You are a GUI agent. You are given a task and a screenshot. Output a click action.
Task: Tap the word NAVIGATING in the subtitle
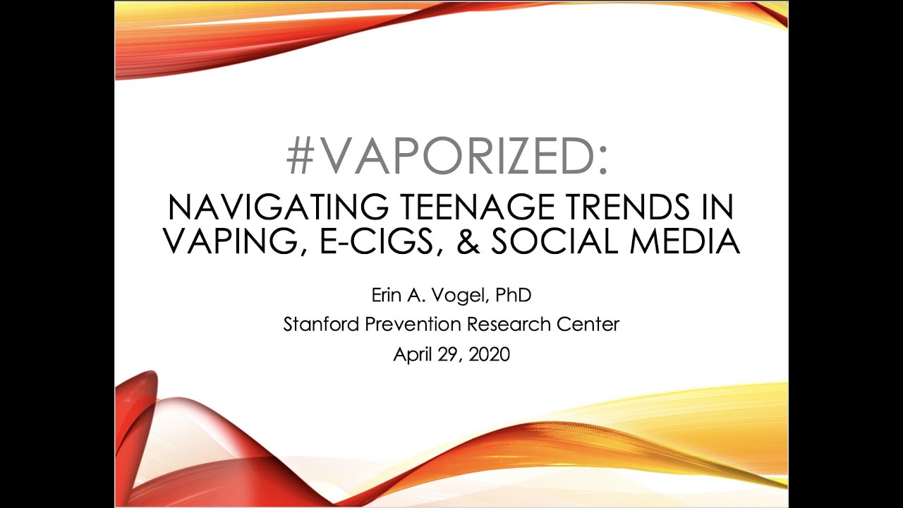click(x=276, y=208)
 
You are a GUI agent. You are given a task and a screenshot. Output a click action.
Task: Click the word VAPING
click(x=231, y=241)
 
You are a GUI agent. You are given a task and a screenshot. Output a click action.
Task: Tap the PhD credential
click(x=513, y=294)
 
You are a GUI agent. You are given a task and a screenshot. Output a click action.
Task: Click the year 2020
click(x=488, y=355)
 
